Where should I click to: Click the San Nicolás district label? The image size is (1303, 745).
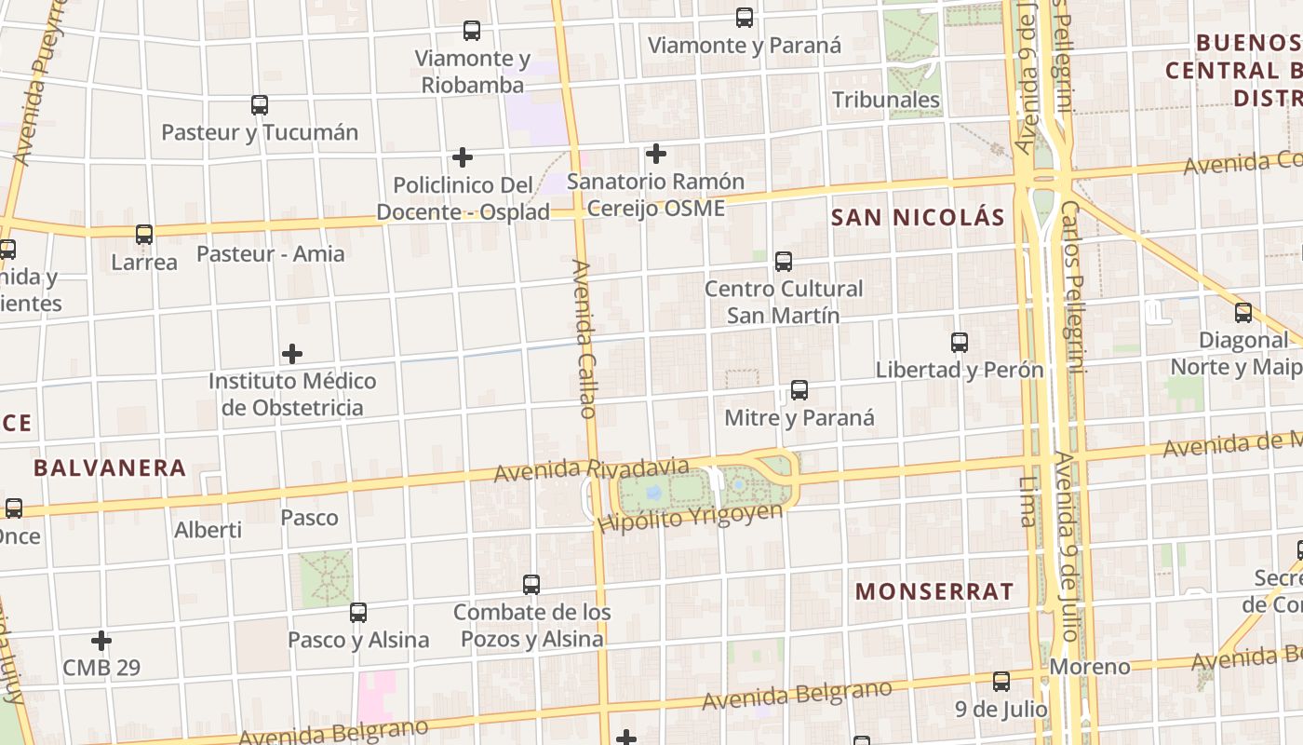(x=918, y=218)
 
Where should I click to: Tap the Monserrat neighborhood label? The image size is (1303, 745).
(x=934, y=591)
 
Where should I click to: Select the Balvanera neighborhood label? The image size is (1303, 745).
(x=110, y=467)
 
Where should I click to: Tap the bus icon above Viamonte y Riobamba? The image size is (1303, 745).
(x=472, y=31)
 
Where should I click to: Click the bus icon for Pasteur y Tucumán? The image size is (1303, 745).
(x=260, y=105)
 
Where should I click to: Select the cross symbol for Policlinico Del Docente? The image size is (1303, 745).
(x=462, y=157)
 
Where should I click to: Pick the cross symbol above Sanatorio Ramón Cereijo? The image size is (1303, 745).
(x=656, y=153)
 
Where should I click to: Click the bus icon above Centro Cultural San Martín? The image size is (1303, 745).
(x=784, y=262)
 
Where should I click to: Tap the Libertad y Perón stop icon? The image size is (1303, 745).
(x=960, y=343)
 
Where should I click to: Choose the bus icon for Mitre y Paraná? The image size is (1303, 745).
(x=799, y=390)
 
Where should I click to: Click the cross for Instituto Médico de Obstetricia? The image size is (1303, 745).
(x=292, y=354)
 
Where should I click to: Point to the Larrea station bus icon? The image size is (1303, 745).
(x=144, y=235)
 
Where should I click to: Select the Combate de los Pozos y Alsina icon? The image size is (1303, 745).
(x=531, y=585)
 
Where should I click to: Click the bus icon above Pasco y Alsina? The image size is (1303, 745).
(x=358, y=613)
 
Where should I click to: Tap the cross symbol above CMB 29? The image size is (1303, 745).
(x=101, y=641)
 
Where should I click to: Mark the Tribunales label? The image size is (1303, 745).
(x=886, y=100)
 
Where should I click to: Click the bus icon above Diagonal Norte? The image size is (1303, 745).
(x=1243, y=313)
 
